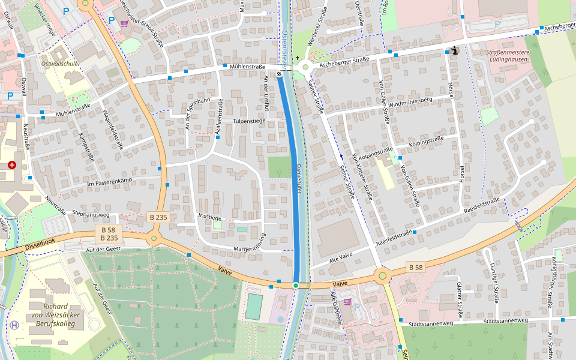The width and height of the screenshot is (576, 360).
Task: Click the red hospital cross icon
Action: click(12, 164)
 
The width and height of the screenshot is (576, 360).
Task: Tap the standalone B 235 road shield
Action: click(157, 217)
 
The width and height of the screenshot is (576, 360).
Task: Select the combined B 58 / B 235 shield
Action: click(108, 234)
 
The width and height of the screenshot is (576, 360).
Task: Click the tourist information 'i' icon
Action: click(455, 51)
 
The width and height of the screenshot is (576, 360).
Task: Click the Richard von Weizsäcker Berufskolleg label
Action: click(63, 314)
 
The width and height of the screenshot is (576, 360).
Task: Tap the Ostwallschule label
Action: click(59, 64)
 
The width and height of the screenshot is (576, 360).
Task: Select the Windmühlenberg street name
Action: click(410, 103)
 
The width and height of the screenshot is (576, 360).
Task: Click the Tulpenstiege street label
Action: click(249, 121)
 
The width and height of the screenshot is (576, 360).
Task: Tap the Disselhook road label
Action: click(40, 244)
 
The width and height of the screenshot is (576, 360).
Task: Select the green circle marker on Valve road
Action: click(296, 285)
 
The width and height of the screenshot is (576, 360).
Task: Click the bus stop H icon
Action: click(14, 325)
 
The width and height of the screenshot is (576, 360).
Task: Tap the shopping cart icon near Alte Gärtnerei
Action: click(346, 302)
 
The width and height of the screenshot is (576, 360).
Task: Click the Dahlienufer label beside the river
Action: click(298, 178)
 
